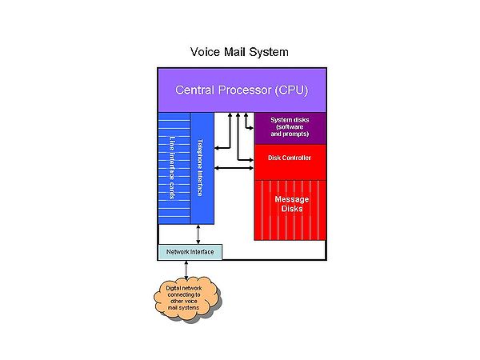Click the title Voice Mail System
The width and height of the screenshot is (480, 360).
[x=239, y=52]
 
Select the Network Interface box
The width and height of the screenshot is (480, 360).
[x=190, y=252]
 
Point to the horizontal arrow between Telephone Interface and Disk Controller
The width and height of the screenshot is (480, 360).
[x=234, y=167]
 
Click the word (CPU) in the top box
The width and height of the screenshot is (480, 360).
[x=290, y=89]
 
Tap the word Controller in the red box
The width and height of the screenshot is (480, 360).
[x=299, y=158]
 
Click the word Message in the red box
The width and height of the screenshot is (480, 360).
[x=291, y=198]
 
